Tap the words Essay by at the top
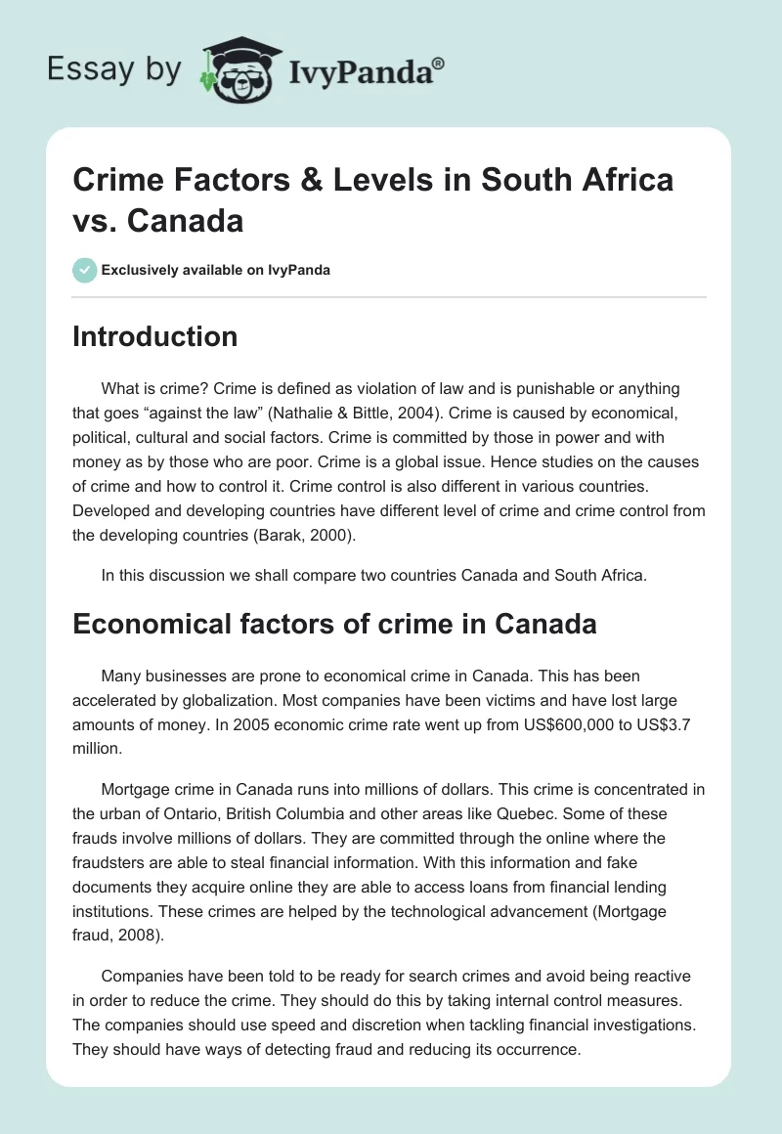(111, 68)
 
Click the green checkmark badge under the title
(85, 270)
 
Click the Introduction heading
(155, 336)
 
